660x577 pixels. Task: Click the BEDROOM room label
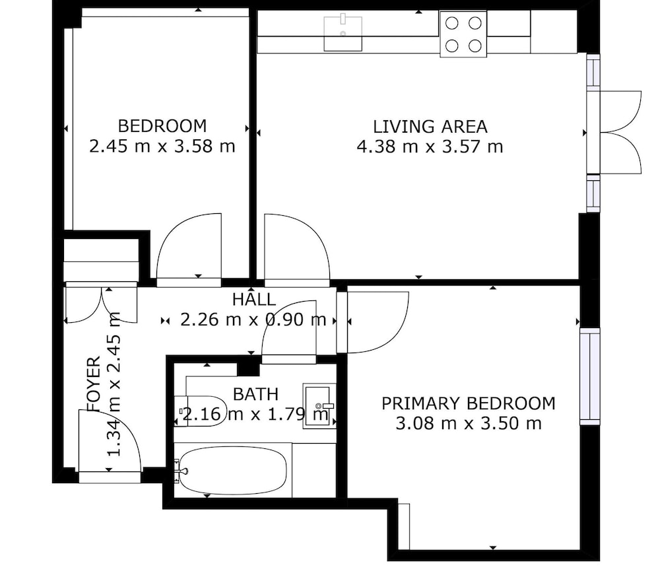[162, 126]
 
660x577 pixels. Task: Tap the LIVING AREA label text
[430, 126]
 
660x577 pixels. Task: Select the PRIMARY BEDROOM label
[469, 403]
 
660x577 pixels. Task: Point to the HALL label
[254, 300]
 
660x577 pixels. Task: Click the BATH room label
[255, 394]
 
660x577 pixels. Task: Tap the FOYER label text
[94, 384]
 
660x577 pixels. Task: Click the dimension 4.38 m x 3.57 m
[430, 147]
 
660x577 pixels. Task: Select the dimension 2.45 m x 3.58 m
[162, 146]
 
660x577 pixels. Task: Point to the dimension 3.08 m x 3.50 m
[469, 423]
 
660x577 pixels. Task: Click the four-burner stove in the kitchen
[463, 34]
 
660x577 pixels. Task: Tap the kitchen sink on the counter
[343, 34]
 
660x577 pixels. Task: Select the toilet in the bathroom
[201, 411]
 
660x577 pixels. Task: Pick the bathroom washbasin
[319, 406]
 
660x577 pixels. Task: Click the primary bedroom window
[589, 376]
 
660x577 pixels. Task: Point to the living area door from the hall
[297, 246]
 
